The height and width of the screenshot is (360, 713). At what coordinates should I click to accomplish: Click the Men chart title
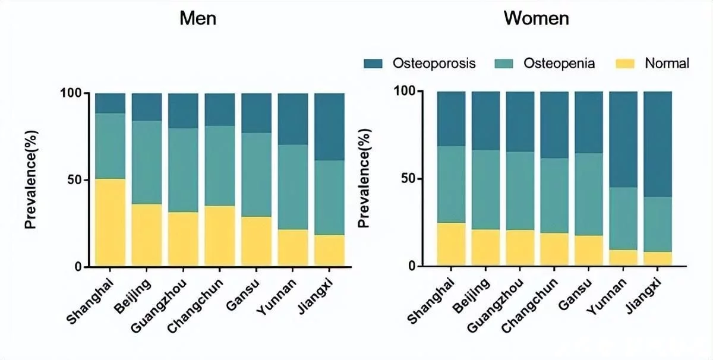pyautogui.click(x=198, y=18)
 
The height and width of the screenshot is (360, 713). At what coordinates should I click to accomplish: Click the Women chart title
pyautogui.click(x=537, y=18)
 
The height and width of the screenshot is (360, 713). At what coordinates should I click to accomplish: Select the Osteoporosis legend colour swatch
pyautogui.click(x=374, y=63)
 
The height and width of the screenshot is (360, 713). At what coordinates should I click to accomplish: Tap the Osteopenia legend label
pyautogui.click(x=559, y=63)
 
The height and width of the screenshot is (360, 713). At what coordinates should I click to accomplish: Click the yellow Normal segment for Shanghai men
pyautogui.click(x=111, y=222)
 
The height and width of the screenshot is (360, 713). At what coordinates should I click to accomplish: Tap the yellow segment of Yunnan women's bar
pyautogui.click(x=623, y=258)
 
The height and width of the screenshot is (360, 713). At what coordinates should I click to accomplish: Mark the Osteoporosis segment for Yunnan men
pyautogui.click(x=293, y=119)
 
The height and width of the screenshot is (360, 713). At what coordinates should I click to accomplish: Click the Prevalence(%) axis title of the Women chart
pyautogui.click(x=366, y=178)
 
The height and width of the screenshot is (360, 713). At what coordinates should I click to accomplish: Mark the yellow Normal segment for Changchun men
pyautogui.click(x=220, y=236)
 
